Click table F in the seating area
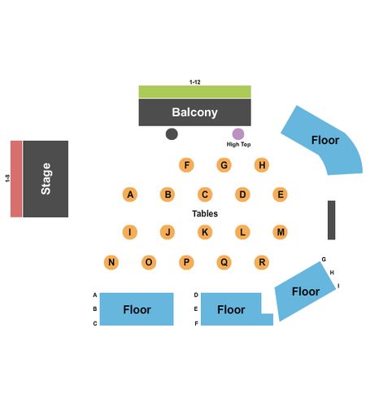point(186,165)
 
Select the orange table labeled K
point(205,232)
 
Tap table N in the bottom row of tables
point(111,262)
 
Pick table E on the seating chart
point(280,195)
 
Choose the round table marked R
point(262,262)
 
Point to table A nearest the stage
point(130,195)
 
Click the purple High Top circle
point(238,134)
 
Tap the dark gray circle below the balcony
point(172,134)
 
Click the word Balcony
point(194,112)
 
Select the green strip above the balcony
point(194,92)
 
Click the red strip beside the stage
point(16,179)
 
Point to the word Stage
point(46,179)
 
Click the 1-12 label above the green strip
point(194,82)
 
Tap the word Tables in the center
point(205,213)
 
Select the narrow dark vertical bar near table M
point(331,220)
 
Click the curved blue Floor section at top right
point(325,140)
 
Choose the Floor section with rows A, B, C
point(137,309)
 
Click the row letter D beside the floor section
point(196,295)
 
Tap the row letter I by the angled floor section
point(338,286)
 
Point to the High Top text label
point(238,144)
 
